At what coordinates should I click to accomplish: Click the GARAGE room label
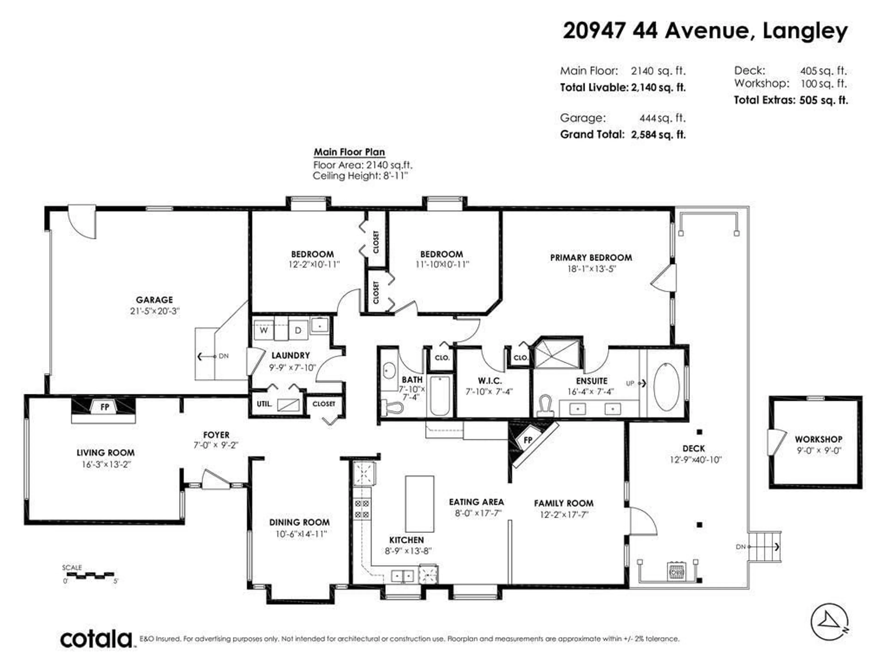click(x=154, y=300)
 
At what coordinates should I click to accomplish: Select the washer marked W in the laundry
click(x=264, y=330)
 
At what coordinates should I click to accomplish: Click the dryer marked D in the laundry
click(x=298, y=330)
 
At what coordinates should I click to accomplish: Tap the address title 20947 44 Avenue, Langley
click(x=705, y=31)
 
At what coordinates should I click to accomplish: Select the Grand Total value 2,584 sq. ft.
click(x=658, y=135)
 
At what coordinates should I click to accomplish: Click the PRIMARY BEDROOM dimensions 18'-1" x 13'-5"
click(x=591, y=269)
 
